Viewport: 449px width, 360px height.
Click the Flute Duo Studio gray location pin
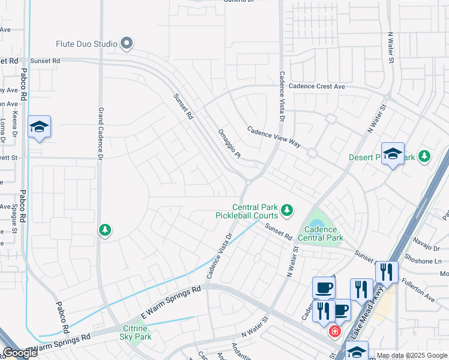pyautogui.click(x=127, y=43)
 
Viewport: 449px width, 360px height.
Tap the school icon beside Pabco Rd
pyautogui.click(x=39, y=127)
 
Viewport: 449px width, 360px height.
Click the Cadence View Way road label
pyautogui.click(x=274, y=137)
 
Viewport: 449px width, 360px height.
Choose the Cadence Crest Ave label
pyautogui.click(x=317, y=86)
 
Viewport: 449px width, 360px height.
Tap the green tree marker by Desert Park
pyautogui.click(x=425, y=157)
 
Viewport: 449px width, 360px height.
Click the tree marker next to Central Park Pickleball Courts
pyautogui.click(x=288, y=209)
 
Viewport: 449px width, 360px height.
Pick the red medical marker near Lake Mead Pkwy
pyautogui.click(x=333, y=331)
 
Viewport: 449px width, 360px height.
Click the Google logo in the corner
pyautogui.click(x=20, y=353)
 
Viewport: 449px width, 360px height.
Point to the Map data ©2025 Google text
pyautogui.click(x=411, y=355)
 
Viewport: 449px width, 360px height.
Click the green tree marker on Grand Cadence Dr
pyautogui.click(x=105, y=230)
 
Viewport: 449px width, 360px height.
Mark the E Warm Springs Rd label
pyautogui.click(x=170, y=302)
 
